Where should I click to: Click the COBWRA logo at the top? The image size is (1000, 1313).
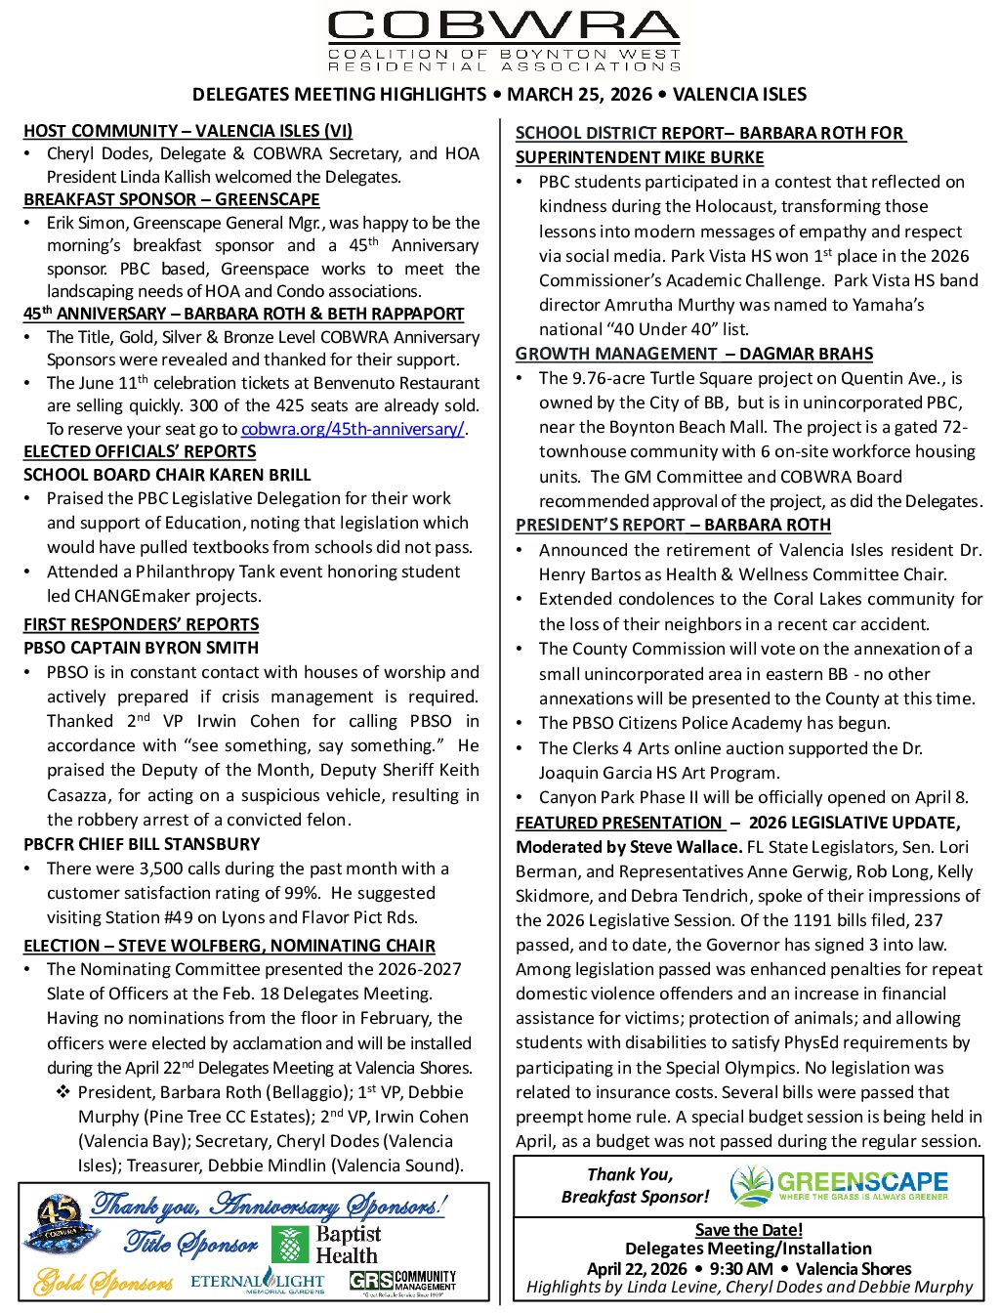pyautogui.click(x=504, y=40)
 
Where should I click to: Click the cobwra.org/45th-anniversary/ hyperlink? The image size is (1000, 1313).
pyautogui.click(x=353, y=429)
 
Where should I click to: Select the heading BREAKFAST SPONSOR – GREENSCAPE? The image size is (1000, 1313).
pyautogui.click(x=172, y=199)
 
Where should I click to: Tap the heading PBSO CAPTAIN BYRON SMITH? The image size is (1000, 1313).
pyautogui.click(x=142, y=648)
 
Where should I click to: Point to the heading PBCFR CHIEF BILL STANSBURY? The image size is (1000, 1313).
pyautogui.click(x=142, y=844)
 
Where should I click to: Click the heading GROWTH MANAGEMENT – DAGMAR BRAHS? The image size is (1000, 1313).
pyautogui.click(x=694, y=354)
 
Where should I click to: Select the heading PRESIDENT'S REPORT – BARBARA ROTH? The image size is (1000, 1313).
pyautogui.click(x=673, y=525)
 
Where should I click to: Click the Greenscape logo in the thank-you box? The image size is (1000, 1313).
pyautogui.click(x=840, y=1185)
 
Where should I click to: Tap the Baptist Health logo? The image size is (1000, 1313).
pyautogui.click(x=325, y=1245)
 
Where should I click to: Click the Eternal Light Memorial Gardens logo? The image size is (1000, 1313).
pyautogui.click(x=258, y=1281)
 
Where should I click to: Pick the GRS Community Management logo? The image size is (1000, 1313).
pyautogui.click(x=402, y=1281)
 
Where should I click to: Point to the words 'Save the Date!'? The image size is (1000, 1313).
pyautogui.click(x=749, y=1230)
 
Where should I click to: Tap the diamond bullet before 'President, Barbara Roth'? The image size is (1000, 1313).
pyautogui.click(x=63, y=1092)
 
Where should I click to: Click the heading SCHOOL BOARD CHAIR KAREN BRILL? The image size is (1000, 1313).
pyautogui.click(x=167, y=475)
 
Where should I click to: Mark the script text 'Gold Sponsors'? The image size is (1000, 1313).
pyautogui.click(x=104, y=1282)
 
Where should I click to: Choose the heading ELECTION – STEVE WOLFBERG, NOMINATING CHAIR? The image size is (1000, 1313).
pyautogui.click(x=229, y=946)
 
